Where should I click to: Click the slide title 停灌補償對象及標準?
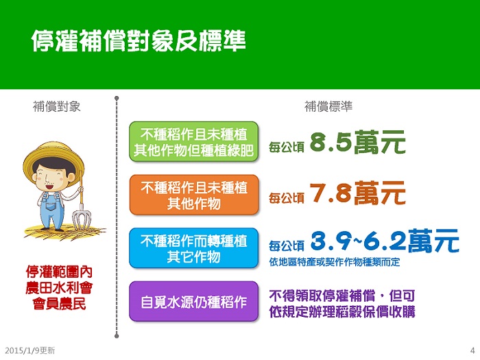tap(139, 40)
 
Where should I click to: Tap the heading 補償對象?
tap(57, 106)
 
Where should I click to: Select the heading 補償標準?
tap(328, 106)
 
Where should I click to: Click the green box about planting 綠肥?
tap(194, 142)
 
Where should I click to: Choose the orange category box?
tap(194, 195)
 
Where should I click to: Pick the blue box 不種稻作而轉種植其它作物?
tap(194, 248)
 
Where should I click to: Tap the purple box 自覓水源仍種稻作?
tap(194, 302)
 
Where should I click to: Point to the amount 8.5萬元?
tap(357, 143)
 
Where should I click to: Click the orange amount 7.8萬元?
tap(357, 193)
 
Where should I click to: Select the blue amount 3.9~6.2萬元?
tap(385, 241)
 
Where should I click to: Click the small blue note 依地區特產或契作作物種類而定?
tap(335, 262)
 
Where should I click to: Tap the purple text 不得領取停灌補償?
tap(322, 296)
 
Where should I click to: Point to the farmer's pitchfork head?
tap(82, 219)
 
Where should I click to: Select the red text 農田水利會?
tap(59, 288)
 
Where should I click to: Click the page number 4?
tap(472, 350)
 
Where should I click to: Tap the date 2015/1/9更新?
tap(30, 350)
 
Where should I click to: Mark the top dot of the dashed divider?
tap(117, 98)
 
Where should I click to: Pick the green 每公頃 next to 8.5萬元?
tap(287, 147)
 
